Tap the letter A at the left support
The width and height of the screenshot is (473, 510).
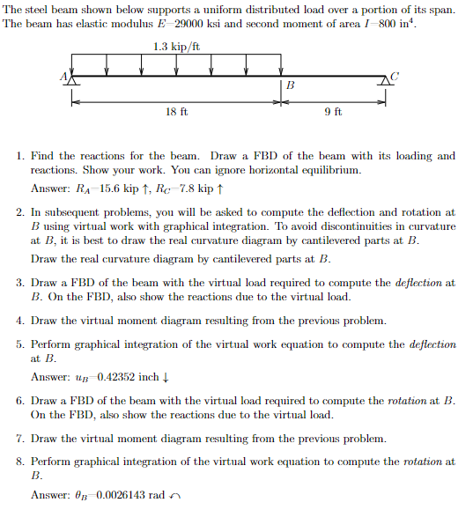63,76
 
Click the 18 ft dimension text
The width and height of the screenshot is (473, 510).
177,113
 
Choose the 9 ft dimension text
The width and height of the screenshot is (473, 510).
333,113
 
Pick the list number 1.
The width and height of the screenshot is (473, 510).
19,156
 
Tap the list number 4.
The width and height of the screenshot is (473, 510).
19,321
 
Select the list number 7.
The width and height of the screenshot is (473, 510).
19,439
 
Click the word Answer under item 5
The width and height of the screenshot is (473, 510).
49,377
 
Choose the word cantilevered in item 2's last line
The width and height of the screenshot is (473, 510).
257,259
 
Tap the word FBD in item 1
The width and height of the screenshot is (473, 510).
250,156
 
